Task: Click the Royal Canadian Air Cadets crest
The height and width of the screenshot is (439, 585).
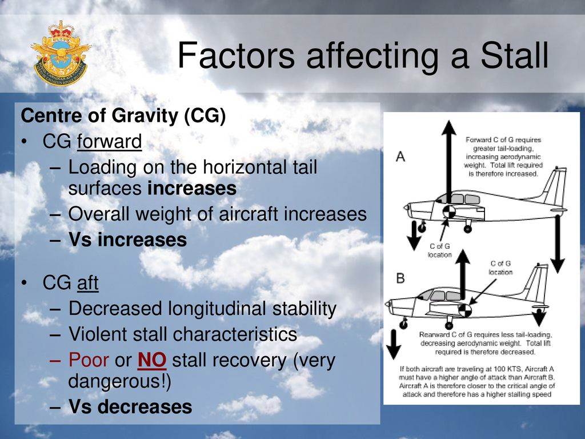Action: tap(61, 53)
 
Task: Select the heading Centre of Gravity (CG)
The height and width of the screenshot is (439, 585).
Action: tap(123, 115)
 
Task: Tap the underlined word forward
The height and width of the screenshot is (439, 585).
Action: tap(109, 142)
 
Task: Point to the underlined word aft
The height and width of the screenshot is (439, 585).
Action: tap(87, 282)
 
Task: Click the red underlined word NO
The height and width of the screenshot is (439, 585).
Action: tap(152, 360)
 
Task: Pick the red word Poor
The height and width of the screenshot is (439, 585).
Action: tap(89, 360)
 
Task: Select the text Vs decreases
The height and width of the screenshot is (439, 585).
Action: tap(130, 406)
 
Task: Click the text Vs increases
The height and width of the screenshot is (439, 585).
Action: tap(127, 240)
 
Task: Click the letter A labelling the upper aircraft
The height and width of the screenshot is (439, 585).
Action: tap(400, 157)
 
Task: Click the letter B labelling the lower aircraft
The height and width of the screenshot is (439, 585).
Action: tap(400, 278)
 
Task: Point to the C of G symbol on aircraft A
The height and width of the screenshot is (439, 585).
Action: tap(449, 211)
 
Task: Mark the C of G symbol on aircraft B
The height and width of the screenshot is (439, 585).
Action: tap(465, 310)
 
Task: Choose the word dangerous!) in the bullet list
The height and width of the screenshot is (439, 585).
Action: tap(119, 381)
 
